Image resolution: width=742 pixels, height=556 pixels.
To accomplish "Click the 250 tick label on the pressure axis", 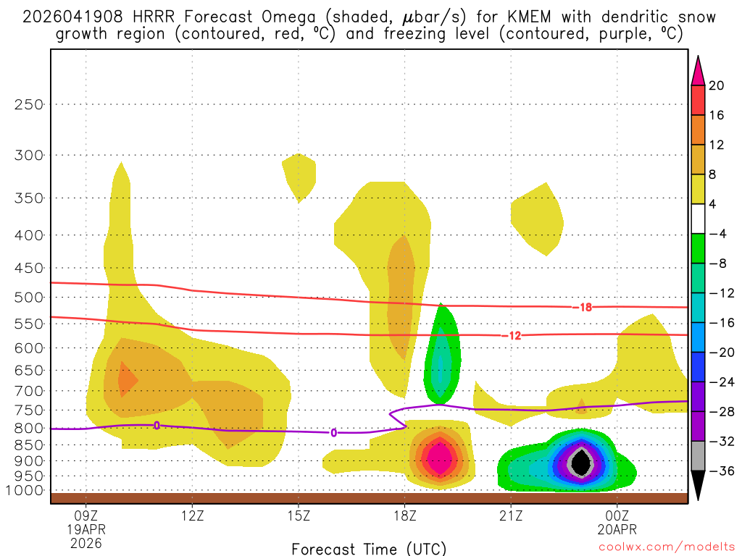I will tap(29, 104).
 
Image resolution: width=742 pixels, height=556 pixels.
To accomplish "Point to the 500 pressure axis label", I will tap(29, 297).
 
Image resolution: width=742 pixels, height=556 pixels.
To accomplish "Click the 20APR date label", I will tap(617, 531).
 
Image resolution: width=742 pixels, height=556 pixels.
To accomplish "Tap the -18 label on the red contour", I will tap(585, 308).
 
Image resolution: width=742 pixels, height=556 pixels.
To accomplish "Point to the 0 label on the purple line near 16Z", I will tap(333, 433).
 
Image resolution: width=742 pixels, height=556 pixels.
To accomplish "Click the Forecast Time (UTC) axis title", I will tap(369, 548).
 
